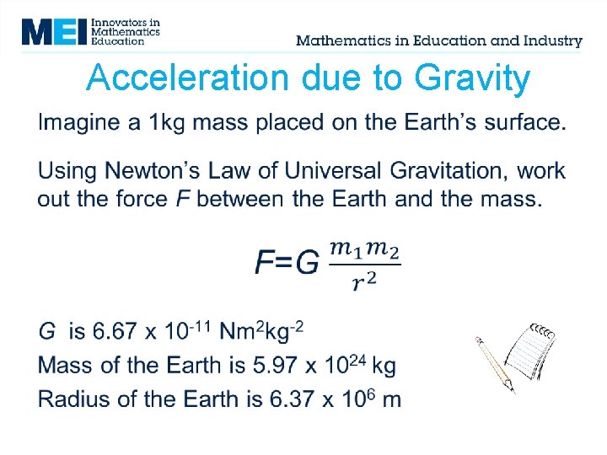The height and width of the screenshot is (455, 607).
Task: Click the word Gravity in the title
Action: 472,78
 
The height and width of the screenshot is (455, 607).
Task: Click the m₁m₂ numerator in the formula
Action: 364,249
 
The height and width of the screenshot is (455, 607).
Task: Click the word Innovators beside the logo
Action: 119,21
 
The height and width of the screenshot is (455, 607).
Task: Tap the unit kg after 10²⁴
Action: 384,367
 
